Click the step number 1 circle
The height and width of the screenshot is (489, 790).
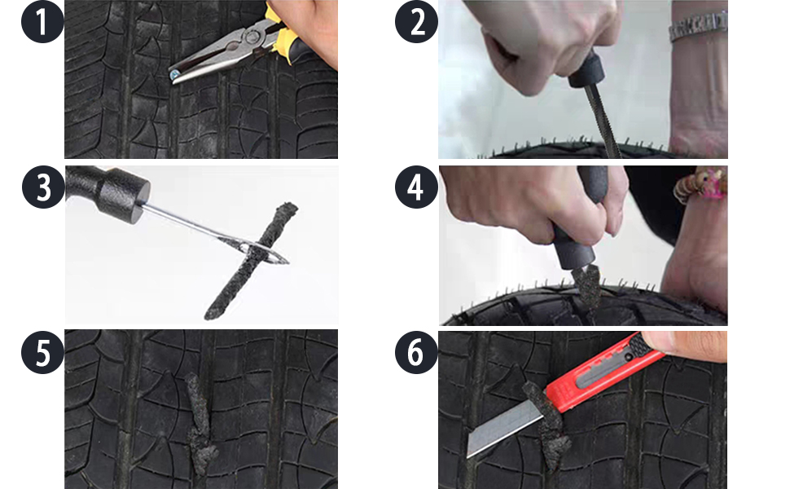pyautogui.click(x=42, y=22)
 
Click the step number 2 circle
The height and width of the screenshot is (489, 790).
pyautogui.click(x=416, y=22)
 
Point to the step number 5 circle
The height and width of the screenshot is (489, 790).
pyautogui.click(x=42, y=354)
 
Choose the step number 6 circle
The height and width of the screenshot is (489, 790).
pyautogui.click(x=416, y=354)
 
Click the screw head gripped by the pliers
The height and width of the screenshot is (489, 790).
pyautogui.click(x=175, y=76)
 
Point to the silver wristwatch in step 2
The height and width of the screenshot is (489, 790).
pyautogui.click(x=696, y=29)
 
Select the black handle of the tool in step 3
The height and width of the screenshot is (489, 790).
pyautogui.click(x=106, y=189)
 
